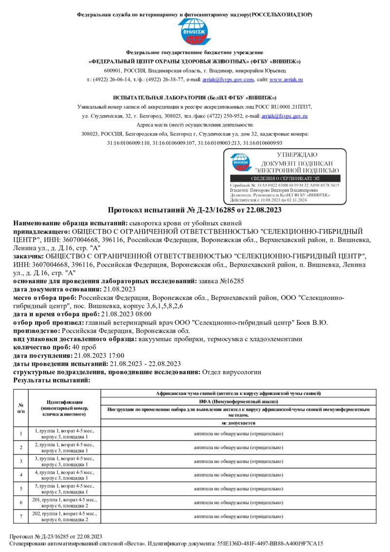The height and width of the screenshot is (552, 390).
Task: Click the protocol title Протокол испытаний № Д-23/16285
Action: click(195, 210)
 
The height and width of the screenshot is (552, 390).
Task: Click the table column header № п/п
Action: click(21, 408)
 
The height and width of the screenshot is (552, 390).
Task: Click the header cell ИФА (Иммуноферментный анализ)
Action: click(238, 401)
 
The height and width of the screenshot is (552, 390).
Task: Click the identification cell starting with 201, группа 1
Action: click(65, 502)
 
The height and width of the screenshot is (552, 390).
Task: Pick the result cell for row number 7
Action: click(238, 516)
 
